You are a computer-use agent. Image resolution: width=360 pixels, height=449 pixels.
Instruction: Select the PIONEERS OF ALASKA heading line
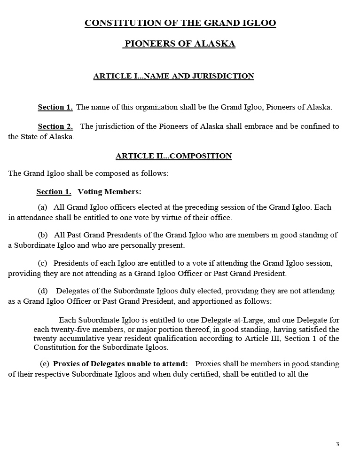coord(180,44)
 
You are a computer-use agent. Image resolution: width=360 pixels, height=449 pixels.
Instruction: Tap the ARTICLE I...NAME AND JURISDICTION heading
coord(173,76)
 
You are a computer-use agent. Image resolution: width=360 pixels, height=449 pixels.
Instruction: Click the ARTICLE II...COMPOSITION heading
coord(173,156)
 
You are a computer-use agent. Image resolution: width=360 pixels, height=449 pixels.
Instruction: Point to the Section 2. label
coord(55,126)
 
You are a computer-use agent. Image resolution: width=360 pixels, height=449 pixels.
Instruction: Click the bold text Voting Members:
coord(109,192)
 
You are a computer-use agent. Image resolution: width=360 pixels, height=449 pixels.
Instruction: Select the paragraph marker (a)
coord(42,207)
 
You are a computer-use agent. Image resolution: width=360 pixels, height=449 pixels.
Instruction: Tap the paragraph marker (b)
coord(42,235)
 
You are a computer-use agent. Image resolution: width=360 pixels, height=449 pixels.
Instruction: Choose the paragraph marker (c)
coord(42,263)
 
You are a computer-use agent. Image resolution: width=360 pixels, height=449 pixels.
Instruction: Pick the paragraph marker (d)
coord(42,291)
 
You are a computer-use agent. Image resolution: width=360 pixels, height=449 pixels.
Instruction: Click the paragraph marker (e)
coord(45,364)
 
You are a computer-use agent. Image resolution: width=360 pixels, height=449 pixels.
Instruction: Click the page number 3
coord(337,444)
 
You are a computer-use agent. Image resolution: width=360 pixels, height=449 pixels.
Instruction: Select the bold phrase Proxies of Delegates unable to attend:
coord(120,364)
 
